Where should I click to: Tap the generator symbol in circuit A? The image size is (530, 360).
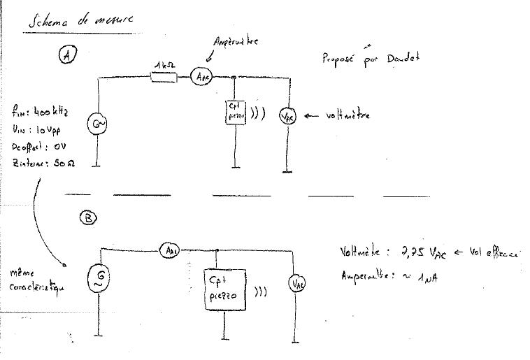pos(96,125)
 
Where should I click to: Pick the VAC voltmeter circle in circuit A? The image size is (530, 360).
pos(287,116)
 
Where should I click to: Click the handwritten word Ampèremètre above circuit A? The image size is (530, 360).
pos(236,43)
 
